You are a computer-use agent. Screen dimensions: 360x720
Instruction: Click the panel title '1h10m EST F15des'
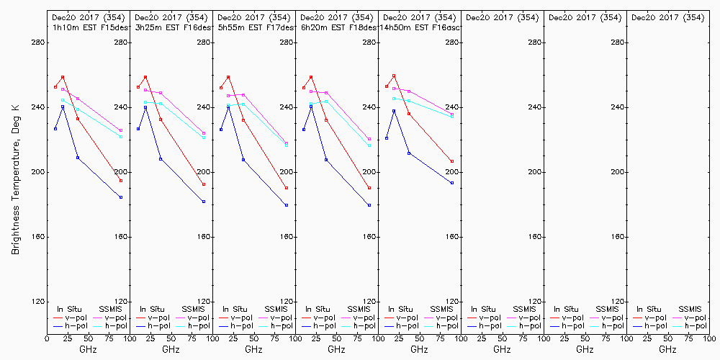(x=86, y=27)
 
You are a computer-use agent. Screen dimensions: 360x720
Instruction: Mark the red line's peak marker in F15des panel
(x=63, y=77)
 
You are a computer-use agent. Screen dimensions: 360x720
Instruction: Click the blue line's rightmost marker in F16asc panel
(x=452, y=183)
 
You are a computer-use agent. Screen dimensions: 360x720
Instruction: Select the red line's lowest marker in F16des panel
(x=204, y=184)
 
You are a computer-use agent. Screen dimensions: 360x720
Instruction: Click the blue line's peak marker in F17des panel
(x=228, y=107)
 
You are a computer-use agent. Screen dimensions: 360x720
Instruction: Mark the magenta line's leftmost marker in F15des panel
(x=63, y=89)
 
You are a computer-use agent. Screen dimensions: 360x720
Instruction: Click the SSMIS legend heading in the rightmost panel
(x=691, y=309)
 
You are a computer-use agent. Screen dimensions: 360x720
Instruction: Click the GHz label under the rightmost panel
(x=667, y=349)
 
